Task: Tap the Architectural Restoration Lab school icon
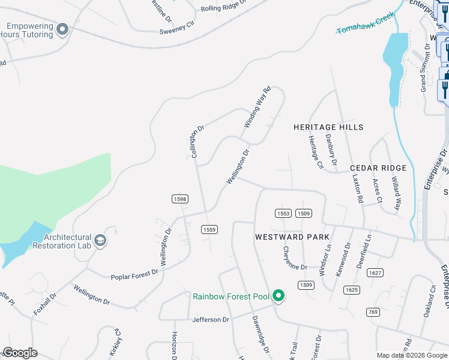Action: click(x=100, y=241)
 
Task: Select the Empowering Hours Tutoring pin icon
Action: click(x=62, y=29)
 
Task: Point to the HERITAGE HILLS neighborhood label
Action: click(x=328, y=127)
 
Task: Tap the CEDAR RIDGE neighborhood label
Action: click(x=378, y=168)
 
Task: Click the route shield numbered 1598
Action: click(x=179, y=199)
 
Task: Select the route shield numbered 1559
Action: click(x=209, y=229)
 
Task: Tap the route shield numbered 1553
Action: click(x=283, y=214)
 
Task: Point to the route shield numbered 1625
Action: click(x=352, y=290)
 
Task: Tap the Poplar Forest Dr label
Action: click(x=134, y=274)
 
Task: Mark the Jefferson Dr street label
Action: click(x=211, y=319)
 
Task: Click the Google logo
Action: click(x=20, y=353)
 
